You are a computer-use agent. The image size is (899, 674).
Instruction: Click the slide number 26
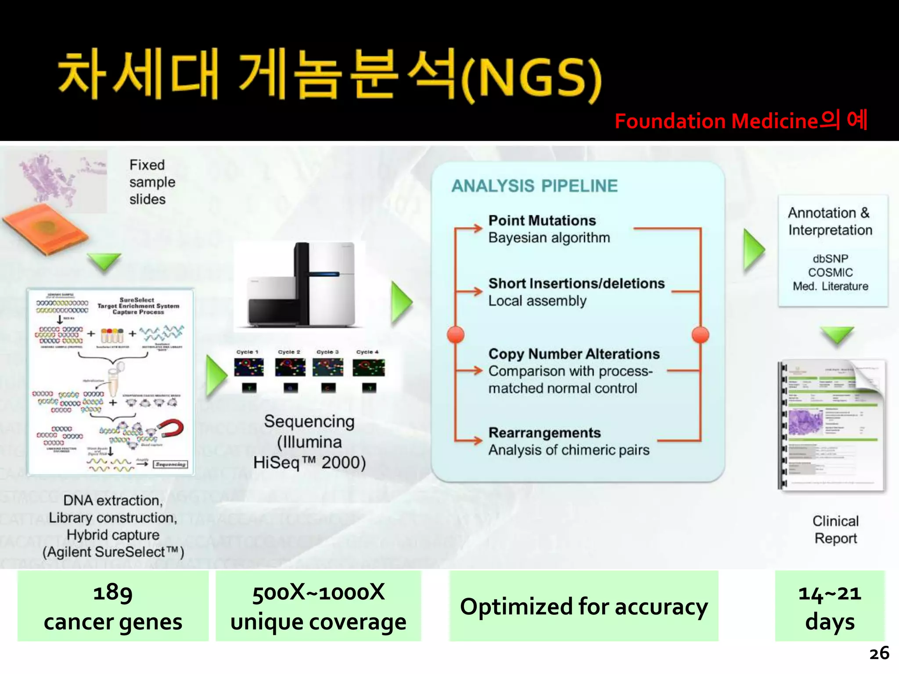coord(879,653)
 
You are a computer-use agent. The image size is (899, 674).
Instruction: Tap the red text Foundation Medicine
coord(716,122)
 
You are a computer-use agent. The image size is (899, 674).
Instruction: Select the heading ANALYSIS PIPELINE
coord(534,186)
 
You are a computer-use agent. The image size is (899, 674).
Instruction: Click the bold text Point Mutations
coord(542,220)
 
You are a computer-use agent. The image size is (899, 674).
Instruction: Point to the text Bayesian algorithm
coord(549,238)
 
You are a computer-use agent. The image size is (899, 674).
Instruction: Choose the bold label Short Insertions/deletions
coord(576,283)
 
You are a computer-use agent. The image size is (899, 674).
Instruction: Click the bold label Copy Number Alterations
coord(574,354)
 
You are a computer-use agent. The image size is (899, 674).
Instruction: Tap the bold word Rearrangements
coord(544,433)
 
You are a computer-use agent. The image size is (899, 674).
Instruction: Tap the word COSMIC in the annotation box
coord(830,272)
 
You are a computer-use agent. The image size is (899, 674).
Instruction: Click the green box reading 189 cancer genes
coord(113,606)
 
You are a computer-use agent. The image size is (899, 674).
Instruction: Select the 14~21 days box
coord(829,606)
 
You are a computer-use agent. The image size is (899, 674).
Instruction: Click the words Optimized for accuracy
coord(583,606)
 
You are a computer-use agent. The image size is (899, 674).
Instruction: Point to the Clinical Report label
coord(835,530)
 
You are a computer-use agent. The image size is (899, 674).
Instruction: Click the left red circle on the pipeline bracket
coord(456,335)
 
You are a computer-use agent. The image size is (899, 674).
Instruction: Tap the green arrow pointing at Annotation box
coord(753,251)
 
